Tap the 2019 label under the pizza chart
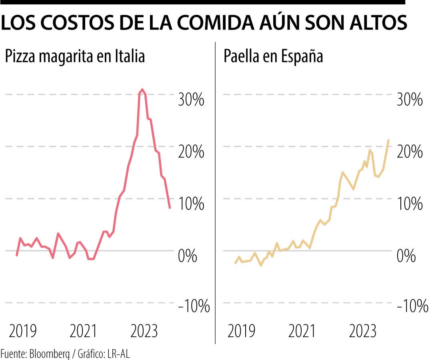23,331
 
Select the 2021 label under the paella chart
302,331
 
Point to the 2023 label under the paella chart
362,331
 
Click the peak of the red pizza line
142,89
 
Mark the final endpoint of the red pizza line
170,208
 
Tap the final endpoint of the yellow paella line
388,140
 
